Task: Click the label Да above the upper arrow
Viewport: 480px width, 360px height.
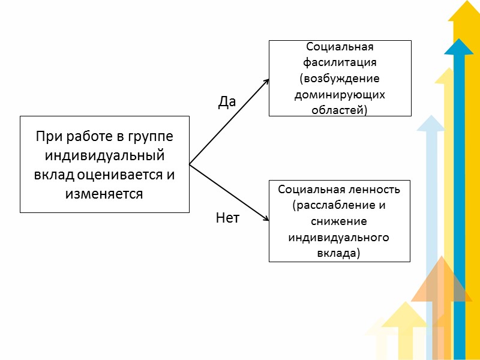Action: coord(227,103)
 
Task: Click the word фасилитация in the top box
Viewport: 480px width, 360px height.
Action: coord(340,62)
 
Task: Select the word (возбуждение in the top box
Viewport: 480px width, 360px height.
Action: coord(340,79)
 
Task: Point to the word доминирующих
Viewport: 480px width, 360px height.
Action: coord(340,95)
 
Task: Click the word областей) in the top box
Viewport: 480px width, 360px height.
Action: coord(340,110)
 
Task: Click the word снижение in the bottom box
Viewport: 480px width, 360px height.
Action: coord(339,221)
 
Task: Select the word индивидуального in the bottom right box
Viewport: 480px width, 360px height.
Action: coord(339,238)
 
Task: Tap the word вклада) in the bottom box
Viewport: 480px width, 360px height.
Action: coord(339,253)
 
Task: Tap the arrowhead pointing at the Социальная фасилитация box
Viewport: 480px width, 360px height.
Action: coord(265,81)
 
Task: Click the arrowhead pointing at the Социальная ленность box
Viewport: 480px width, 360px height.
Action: coord(265,220)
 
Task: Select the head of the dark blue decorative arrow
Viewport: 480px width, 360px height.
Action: coord(459,47)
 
